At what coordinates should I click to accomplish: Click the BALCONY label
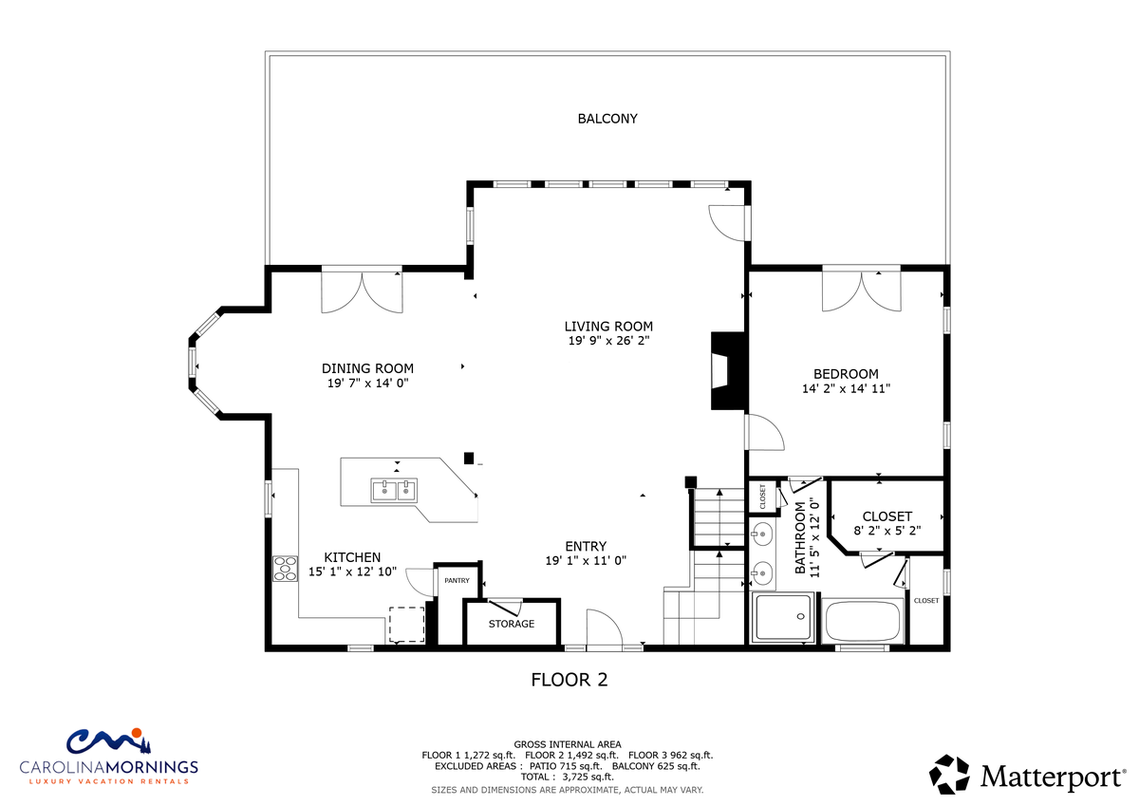(607, 119)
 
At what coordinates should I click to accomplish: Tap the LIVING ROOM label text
(608, 326)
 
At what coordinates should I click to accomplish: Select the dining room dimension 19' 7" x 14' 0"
(367, 383)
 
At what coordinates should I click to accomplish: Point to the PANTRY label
(457, 580)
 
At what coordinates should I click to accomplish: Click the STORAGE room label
(511, 624)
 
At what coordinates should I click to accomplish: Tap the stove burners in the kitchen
(285, 569)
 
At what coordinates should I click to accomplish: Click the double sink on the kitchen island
(394, 491)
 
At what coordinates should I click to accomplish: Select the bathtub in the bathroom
(862, 621)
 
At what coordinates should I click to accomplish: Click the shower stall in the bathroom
(783, 617)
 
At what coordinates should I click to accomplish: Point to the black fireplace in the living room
(727, 370)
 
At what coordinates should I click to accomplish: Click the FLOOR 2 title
(569, 680)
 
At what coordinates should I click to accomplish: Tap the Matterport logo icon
(949, 775)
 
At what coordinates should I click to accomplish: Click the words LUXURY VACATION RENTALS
(108, 781)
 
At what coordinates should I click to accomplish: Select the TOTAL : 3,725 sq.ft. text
(567, 777)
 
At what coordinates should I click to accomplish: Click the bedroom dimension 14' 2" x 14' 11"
(846, 388)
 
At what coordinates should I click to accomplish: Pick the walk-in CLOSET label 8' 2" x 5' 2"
(887, 523)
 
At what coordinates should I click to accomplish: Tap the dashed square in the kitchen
(407, 625)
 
